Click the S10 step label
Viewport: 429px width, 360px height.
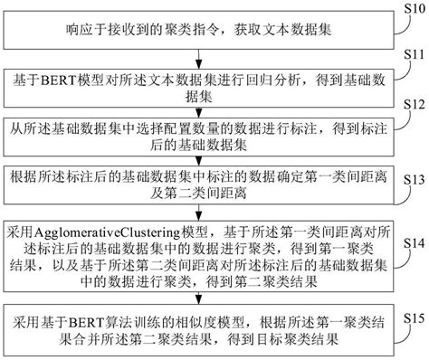tap(412, 10)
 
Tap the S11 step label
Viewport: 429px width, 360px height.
tap(412, 56)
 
